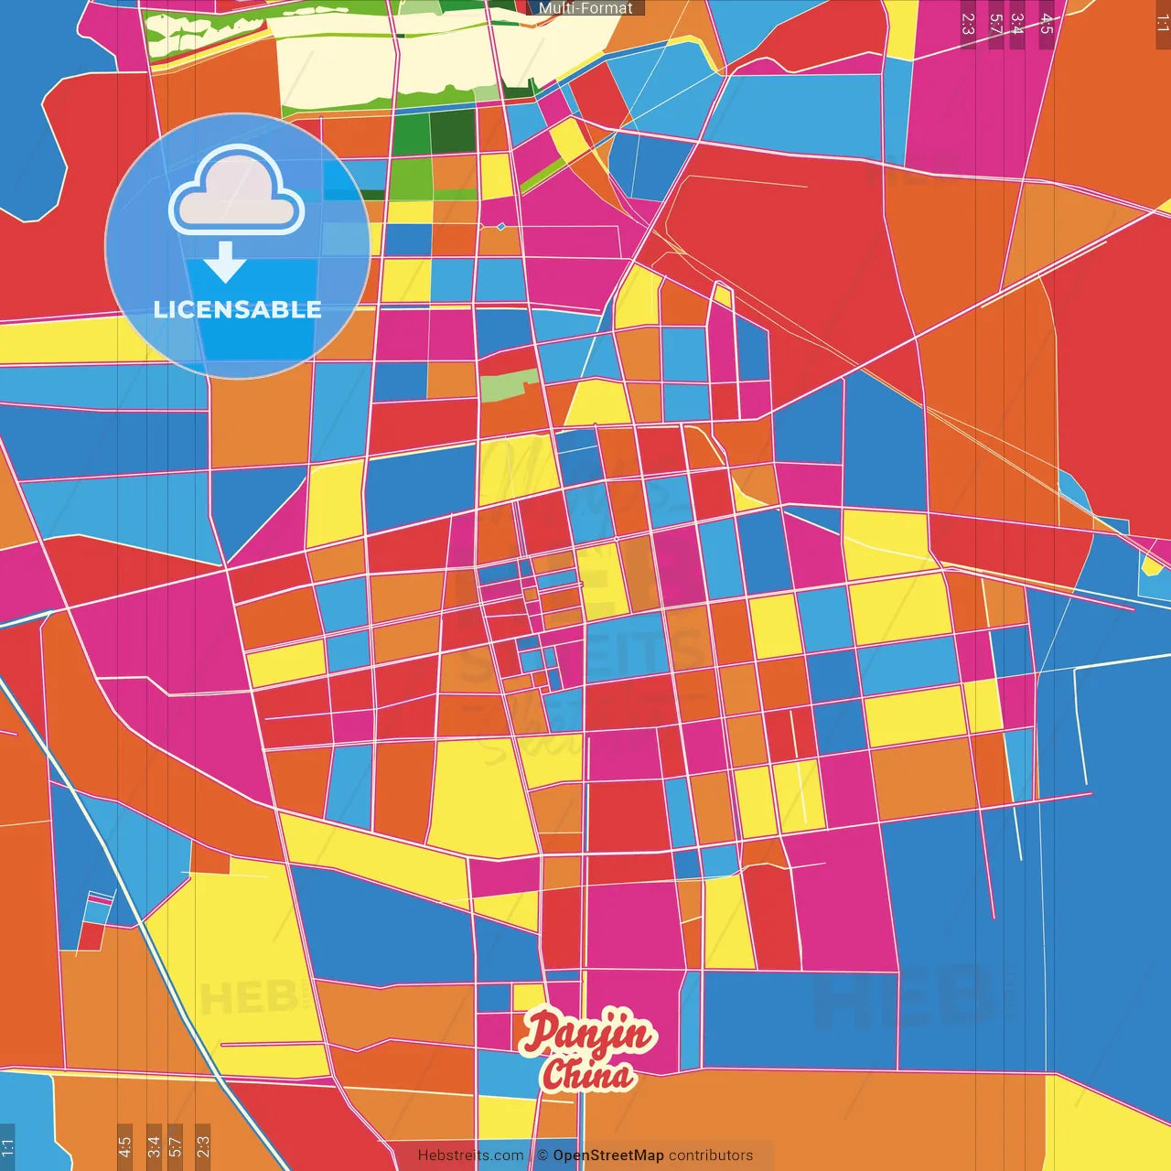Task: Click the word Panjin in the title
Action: pyautogui.click(x=587, y=1032)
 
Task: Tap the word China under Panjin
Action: pyautogui.click(x=587, y=1074)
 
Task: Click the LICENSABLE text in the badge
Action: pyautogui.click(x=237, y=309)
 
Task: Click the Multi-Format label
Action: pyautogui.click(x=585, y=8)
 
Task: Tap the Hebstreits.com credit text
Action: pyautogui.click(x=470, y=1155)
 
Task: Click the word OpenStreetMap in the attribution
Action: pyautogui.click(x=607, y=1155)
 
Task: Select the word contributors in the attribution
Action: pyautogui.click(x=711, y=1155)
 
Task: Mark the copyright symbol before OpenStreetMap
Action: pyautogui.click(x=543, y=1155)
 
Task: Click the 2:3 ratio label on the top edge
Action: pyautogui.click(x=968, y=24)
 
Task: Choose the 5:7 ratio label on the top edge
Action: pyautogui.click(x=995, y=24)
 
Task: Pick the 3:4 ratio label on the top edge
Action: pyautogui.click(x=1017, y=24)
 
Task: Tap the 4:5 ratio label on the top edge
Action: pyautogui.click(x=1047, y=24)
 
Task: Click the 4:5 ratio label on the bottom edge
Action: pyautogui.click(x=124, y=1146)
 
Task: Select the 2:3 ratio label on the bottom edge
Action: pyautogui.click(x=203, y=1146)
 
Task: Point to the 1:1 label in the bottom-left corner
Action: pyautogui.click(x=7, y=1146)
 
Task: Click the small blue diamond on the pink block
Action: pyautogui.click(x=500, y=226)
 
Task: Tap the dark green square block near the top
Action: pyautogui.click(x=451, y=132)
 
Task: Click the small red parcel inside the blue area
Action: pyautogui.click(x=91, y=936)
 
